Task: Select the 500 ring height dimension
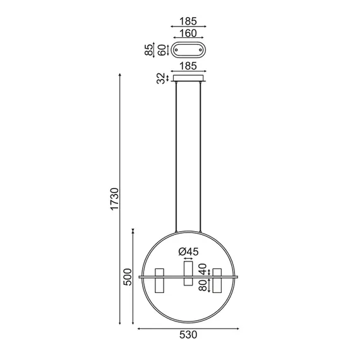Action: [x=127, y=277]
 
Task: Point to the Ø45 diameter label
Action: [x=188, y=251]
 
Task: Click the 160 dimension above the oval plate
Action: [x=188, y=33]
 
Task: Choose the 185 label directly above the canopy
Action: [x=188, y=66]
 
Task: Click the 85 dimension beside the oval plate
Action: [x=149, y=49]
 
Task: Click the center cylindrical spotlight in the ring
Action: [x=188, y=273]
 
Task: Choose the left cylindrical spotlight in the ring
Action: [x=159, y=280]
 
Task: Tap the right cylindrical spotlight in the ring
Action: [x=217, y=280]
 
